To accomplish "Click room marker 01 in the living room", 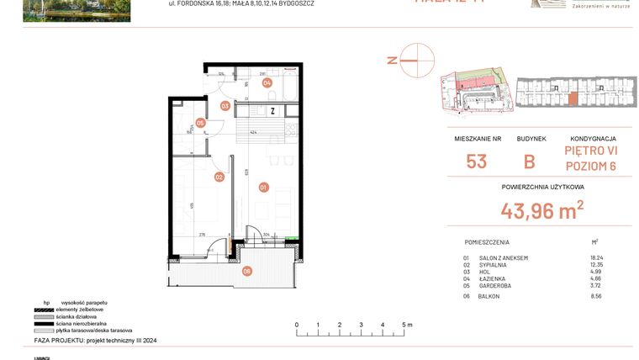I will (x=263, y=187).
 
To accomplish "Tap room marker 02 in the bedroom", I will (x=219, y=177).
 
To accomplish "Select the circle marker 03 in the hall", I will (x=225, y=106).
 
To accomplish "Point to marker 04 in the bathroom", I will (x=267, y=82).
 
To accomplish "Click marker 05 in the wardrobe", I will (x=200, y=123).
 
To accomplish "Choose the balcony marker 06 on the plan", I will (x=246, y=271).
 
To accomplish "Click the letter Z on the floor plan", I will (x=272, y=110).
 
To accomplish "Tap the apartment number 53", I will (x=476, y=161).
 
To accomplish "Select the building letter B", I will (x=529, y=161).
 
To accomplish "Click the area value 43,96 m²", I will (x=541, y=210).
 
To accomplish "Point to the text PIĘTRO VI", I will (x=590, y=151).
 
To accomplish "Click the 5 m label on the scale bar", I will (x=406, y=325).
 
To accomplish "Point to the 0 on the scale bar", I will (x=296, y=325).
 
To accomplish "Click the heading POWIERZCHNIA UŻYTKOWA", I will (x=542, y=187).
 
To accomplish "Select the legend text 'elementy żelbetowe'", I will (x=81, y=309).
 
